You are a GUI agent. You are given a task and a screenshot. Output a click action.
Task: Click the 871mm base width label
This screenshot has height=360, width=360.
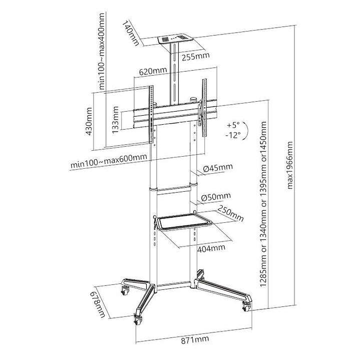[x=194, y=341]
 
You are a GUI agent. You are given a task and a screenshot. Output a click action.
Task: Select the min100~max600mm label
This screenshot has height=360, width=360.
[x=109, y=161]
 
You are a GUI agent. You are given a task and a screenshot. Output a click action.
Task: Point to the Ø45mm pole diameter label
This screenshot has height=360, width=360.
[x=218, y=167]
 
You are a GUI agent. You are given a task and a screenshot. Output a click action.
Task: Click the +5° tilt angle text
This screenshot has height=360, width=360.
[x=233, y=124]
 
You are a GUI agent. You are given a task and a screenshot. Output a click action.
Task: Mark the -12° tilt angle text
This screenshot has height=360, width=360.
[x=233, y=135]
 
